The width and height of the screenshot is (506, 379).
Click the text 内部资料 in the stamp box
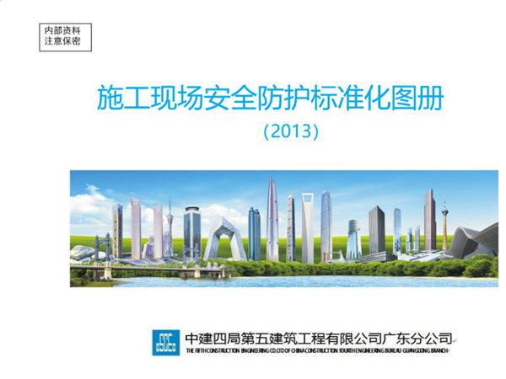pyautogui.click(x=62, y=29)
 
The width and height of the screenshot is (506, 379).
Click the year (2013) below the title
pyautogui.click(x=290, y=131)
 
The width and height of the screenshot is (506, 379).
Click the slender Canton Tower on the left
pyautogui.click(x=169, y=229)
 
